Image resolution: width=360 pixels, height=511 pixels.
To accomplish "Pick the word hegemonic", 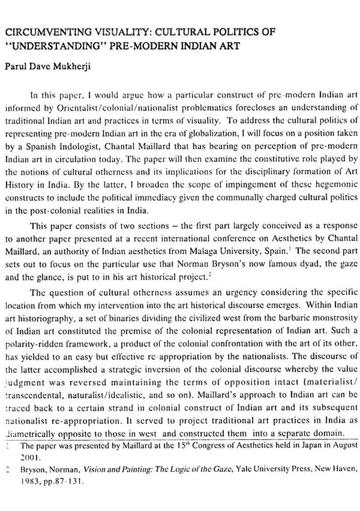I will coord(336,184).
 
